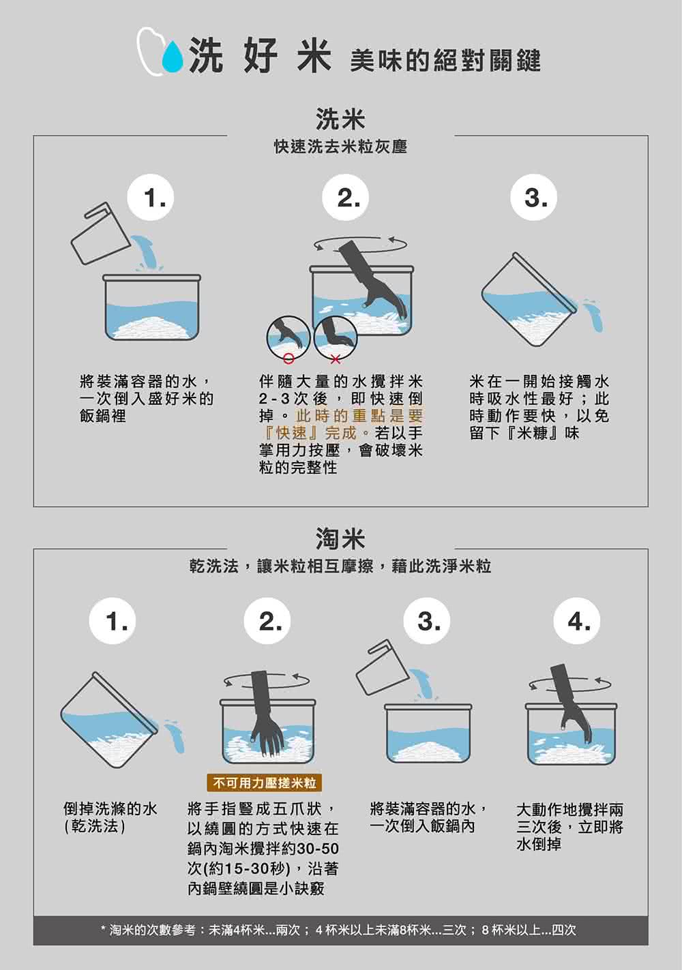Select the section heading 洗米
(x=340, y=119)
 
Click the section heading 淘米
(x=340, y=539)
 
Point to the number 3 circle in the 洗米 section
(x=535, y=198)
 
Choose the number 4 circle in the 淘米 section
(x=578, y=621)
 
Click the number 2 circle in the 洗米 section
(x=349, y=198)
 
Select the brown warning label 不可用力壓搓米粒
(x=265, y=783)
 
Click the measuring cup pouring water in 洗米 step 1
(x=99, y=234)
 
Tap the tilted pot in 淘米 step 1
(x=109, y=719)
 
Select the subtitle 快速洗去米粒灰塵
(x=340, y=147)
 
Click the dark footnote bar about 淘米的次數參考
(x=340, y=930)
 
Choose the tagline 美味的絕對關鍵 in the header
(x=445, y=61)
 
